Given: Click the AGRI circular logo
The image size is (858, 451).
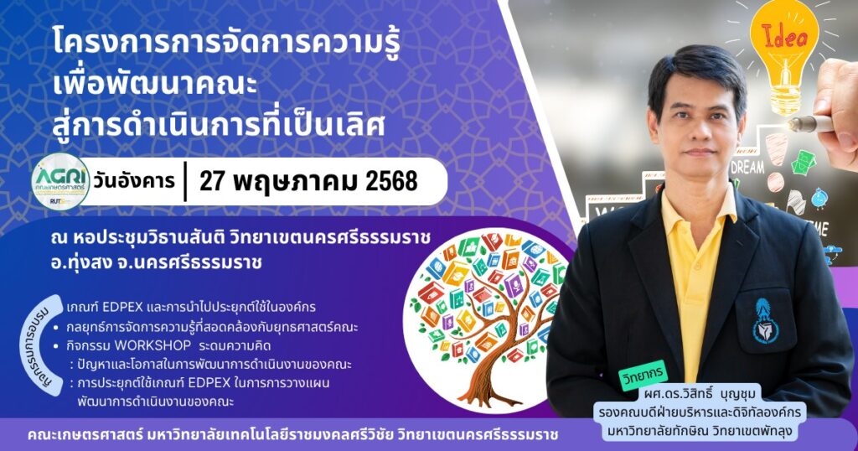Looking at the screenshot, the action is pyautogui.click(x=60, y=182).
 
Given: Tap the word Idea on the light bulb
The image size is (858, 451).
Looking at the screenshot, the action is pyautogui.click(x=784, y=37).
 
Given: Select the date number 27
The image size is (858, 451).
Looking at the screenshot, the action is pyautogui.click(x=212, y=181).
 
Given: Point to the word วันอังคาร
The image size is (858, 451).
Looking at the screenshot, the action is pyautogui.click(x=134, y=181).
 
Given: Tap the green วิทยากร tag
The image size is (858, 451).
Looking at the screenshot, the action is pyautogui.click(x=643, y=375).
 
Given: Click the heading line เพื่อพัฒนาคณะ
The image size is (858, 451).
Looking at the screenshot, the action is pyautogui.click(x=155, y=84).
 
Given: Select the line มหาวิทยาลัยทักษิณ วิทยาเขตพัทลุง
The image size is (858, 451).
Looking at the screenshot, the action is pyautogui.click(x=700, y=431).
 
